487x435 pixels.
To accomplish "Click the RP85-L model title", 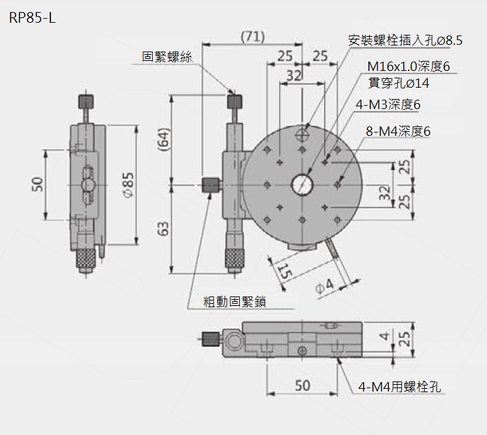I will click(32, 18).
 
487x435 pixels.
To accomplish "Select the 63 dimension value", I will click(163, 228).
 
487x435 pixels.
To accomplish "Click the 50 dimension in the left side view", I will click(38, 184).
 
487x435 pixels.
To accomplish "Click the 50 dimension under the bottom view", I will click(302, 385).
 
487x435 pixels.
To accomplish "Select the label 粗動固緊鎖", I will click(235, 302).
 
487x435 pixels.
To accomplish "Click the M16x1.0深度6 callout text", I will click(407, 66).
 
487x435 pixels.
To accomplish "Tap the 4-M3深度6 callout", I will click(393, 104).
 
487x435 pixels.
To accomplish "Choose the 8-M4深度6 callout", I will click(398, 131).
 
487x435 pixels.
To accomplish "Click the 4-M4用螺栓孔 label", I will click(399, 386).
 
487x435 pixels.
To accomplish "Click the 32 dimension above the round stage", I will click(293, 76).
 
